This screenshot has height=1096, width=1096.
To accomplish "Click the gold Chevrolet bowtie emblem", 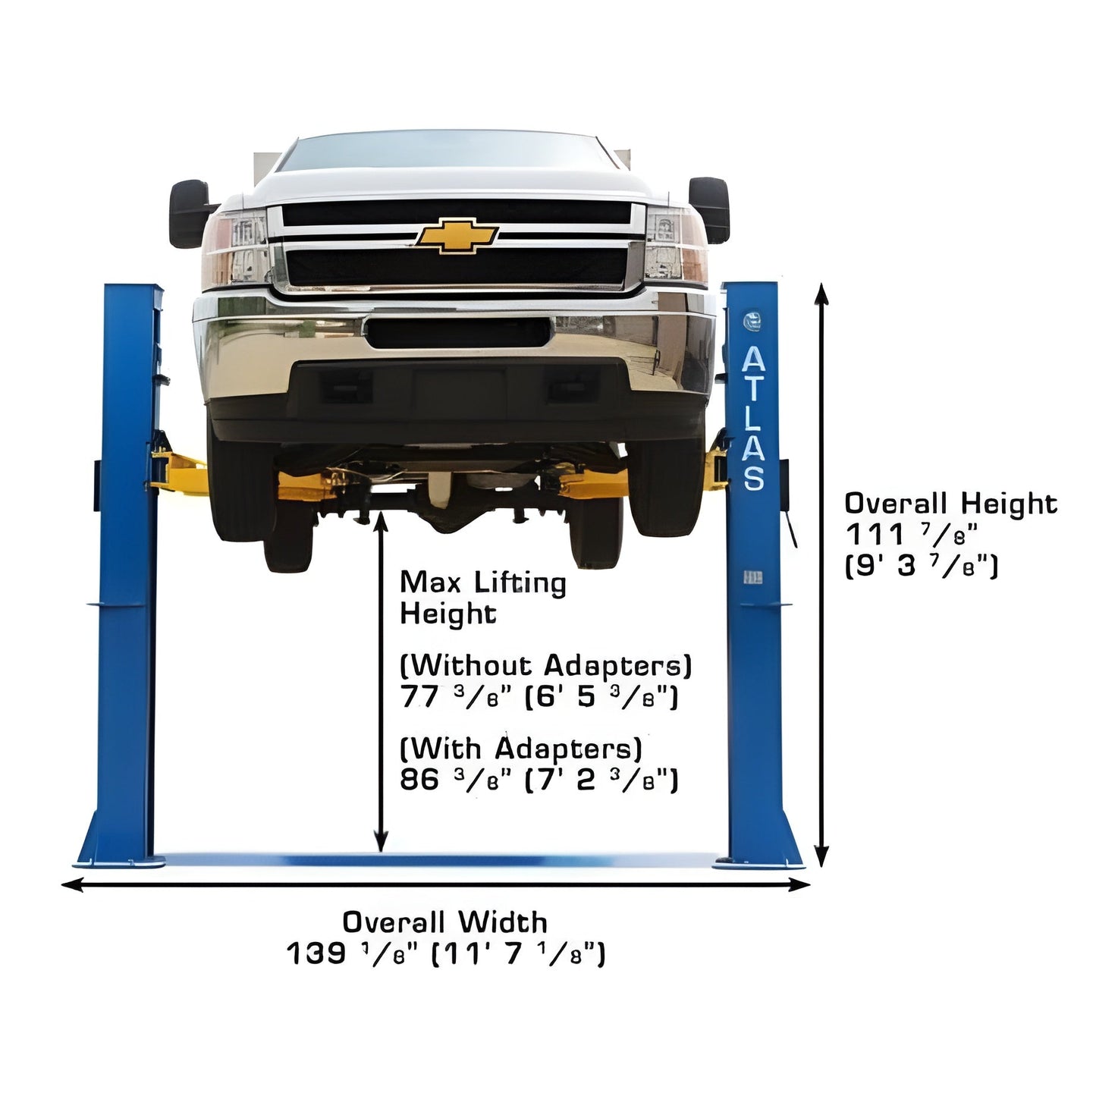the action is point(457,234).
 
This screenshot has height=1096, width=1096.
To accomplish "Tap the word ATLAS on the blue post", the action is point(754,418).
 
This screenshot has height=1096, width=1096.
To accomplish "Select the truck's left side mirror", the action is point(190,214).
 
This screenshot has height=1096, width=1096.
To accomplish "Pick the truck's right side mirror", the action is point(708,210).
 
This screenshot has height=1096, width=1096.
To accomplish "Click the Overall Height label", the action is point(950,504).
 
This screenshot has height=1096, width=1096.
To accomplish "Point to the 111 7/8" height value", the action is point(911,535).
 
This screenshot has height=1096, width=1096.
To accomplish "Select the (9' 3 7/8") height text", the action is point(922,567).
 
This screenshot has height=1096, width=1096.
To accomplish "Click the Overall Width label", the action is point(444,922).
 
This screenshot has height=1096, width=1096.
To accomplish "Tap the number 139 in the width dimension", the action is point(316,953).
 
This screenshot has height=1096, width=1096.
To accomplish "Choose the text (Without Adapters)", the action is point(546,666).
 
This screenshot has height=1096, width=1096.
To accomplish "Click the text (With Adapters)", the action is point(521,749).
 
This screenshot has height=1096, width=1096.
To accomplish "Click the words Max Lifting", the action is point(483,583).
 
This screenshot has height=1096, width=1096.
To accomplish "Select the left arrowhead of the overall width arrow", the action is point(72,884).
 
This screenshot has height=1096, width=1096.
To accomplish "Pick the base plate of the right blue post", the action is point(758,863).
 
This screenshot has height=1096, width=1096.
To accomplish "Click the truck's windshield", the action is point(447,152).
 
